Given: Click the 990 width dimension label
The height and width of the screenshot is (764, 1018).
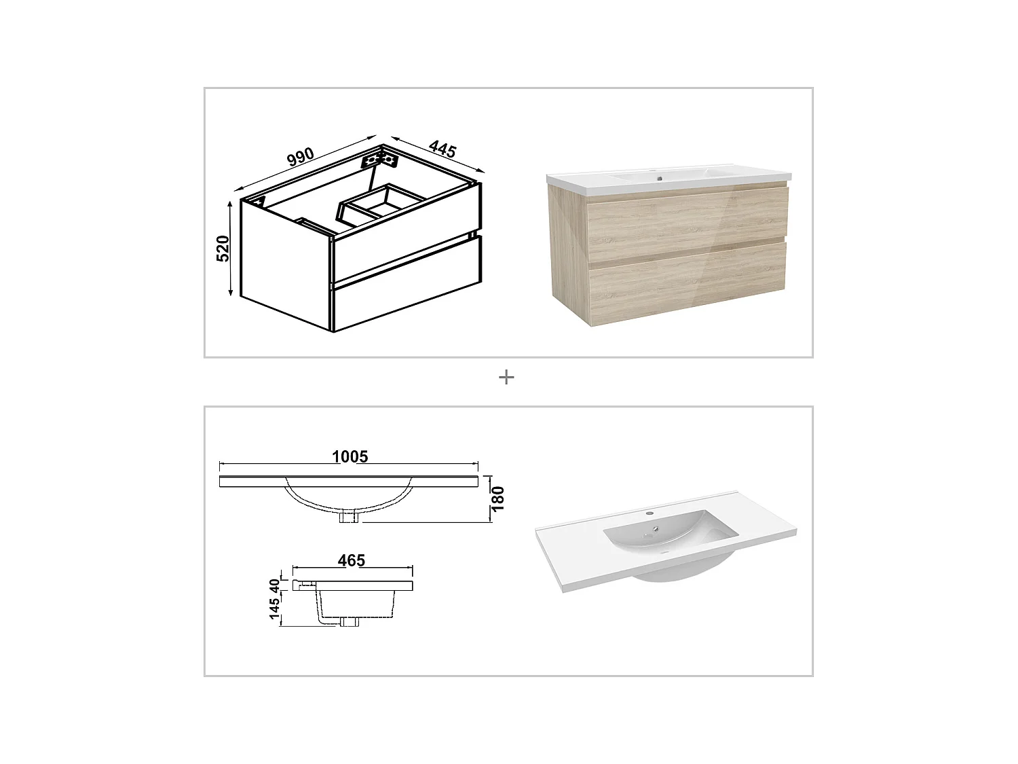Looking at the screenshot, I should [x=300, y=157].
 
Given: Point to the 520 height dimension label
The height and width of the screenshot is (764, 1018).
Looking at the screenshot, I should [x=223, y=249].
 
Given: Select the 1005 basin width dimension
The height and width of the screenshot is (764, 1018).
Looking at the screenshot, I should [x=350, y=456].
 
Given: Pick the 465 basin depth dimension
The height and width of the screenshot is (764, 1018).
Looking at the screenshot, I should [x=352, y=560].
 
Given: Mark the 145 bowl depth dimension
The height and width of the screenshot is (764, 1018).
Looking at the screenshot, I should [x=275, y=608].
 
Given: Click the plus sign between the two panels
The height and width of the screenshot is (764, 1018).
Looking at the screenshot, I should [x=506, y=378].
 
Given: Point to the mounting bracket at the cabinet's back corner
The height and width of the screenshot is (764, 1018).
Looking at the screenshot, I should [x=379, y=160].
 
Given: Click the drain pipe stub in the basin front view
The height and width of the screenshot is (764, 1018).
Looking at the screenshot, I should [x=350, y=517].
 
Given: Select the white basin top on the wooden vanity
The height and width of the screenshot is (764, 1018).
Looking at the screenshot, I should [x=668, y=178].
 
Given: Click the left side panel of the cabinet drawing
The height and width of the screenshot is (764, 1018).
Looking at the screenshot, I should [x=285, y=265].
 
